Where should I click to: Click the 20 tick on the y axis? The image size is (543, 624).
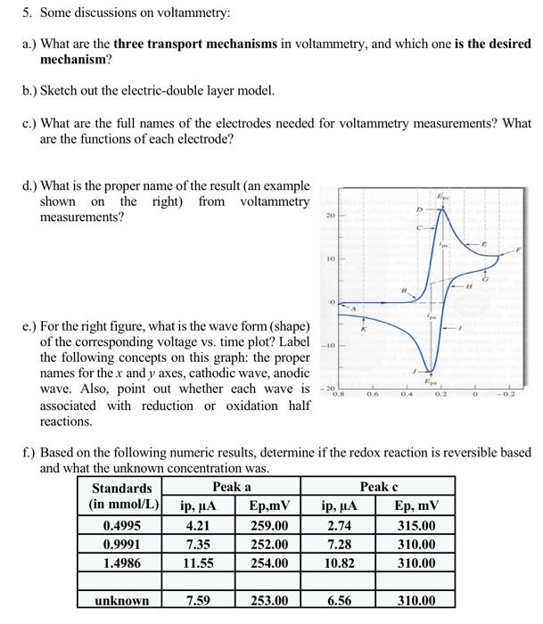pyautogui.click(x=328, y=216)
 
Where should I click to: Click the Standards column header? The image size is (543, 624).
pyautogui.click(x=122, y=488)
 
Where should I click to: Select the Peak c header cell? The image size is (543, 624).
pyautogui.click(x=378, y=488)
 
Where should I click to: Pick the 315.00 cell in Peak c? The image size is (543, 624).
pyautogui.click(x=416, y=526)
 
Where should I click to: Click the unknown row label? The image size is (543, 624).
pyautogui.click(x=122, y=601)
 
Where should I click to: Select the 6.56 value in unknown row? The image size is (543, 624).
pyautogui.click(x=340, y=601)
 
